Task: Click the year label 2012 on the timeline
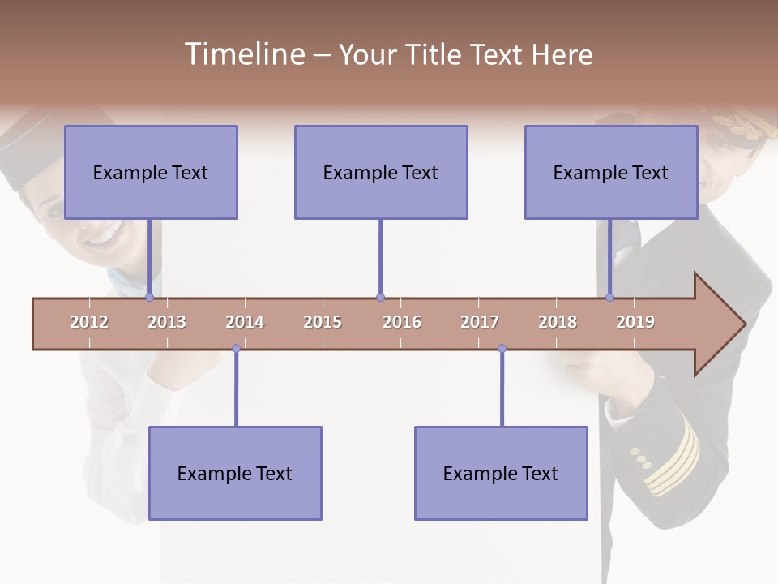pos(89,322)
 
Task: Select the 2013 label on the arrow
pos(167,322)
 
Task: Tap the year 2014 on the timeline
pos(245,322)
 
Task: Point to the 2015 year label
pos(323,322)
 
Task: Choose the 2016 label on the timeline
pos(402,322)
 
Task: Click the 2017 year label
pos(480,322)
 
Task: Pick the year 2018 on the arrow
pos(558,322)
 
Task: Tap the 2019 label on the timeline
pos(635,322)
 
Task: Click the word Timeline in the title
pos(243,54)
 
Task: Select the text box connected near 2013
pos(151,172)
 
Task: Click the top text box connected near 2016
pos(381,172)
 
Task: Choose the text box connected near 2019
pos(611,172)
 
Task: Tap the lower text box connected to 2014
pos(235,473)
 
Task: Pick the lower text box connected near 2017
pos(501,473)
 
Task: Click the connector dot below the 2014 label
pos(236,349)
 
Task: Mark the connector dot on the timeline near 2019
pos(609,297)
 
